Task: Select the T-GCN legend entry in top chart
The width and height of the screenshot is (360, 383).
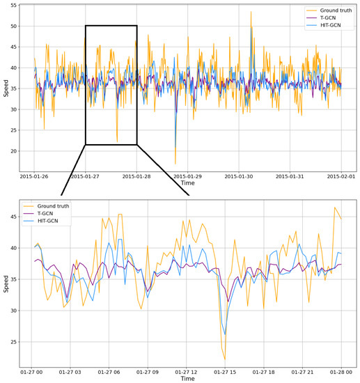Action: point(324,18)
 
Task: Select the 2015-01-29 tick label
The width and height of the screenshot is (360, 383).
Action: point(187,177)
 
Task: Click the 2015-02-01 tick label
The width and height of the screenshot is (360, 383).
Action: point(341,177)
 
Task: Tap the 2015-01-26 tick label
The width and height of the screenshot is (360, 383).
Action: point(34,177)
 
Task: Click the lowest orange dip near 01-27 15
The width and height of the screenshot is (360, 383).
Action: point(225,359)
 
